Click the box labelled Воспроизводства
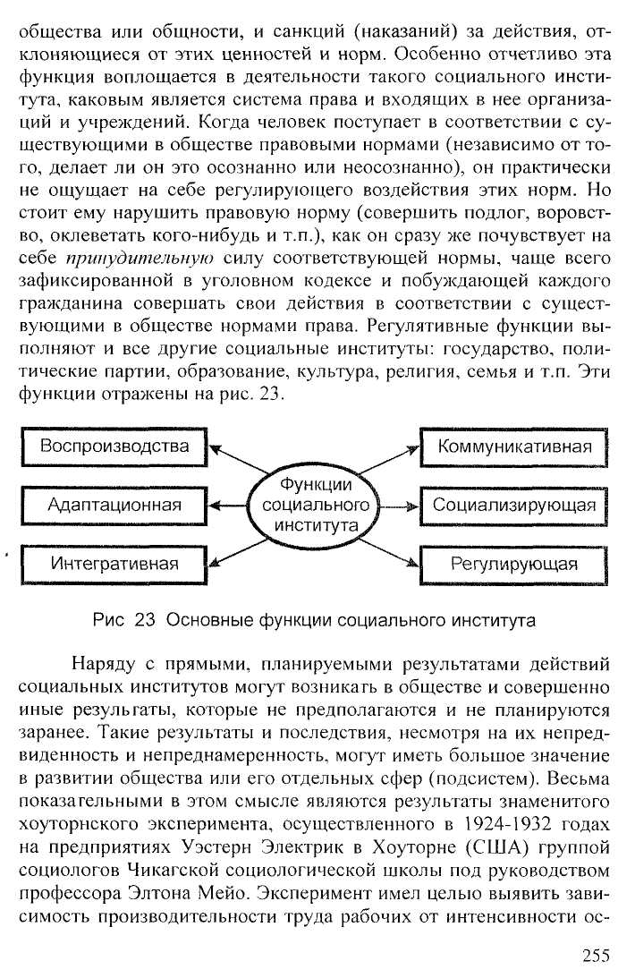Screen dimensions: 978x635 coord(114,447)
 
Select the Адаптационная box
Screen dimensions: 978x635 coord(114,506)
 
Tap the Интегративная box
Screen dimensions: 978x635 coord(114,565)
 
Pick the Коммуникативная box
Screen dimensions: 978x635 coord(513,447)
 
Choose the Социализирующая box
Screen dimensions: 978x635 coord(513,506)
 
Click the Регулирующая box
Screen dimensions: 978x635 coord(513,565)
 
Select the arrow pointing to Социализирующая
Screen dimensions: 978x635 coord(399,506)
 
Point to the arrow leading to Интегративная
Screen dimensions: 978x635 coord(237,552)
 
